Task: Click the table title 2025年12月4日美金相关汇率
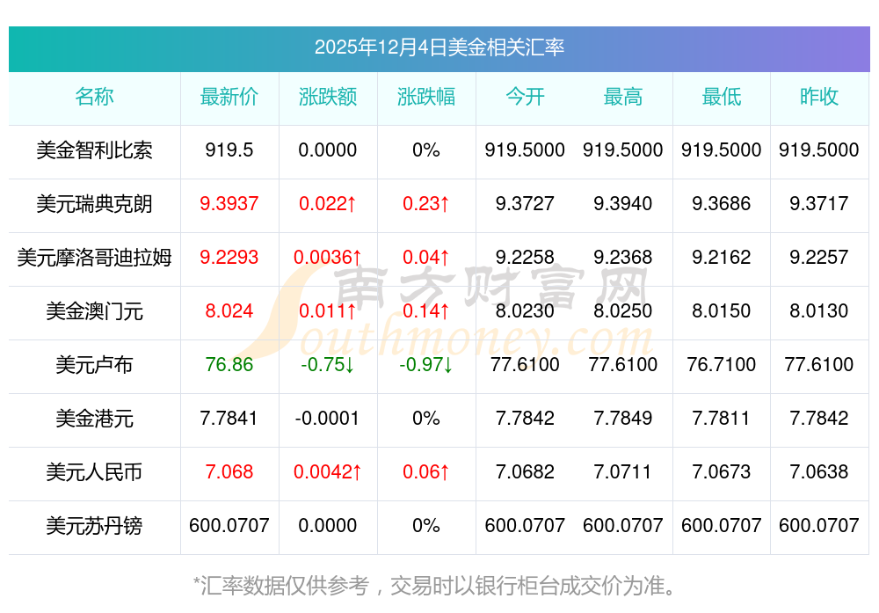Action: pos(439,47)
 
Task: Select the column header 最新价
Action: pos(229,97)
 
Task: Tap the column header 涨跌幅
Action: pos(426,97)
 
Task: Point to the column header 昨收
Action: pos(819,97)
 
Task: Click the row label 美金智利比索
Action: pos(94,150)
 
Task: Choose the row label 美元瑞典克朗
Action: pos(94,204)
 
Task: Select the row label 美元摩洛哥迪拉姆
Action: pos(94,258)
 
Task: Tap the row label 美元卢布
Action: pos(94,364)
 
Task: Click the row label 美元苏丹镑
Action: pos(94,526)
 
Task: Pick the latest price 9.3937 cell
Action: pos(229,204)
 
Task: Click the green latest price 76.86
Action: pos(229,364)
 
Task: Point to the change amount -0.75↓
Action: pos(328,364)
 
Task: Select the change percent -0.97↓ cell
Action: pos(426,364)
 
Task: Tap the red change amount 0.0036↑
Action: pos(328,258)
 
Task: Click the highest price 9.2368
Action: pos(623,258)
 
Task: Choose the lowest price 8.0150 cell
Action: pos(722,311)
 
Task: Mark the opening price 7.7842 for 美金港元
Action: pos(525,419)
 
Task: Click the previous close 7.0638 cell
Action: pos(819,472)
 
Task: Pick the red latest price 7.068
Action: pos(229,472)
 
